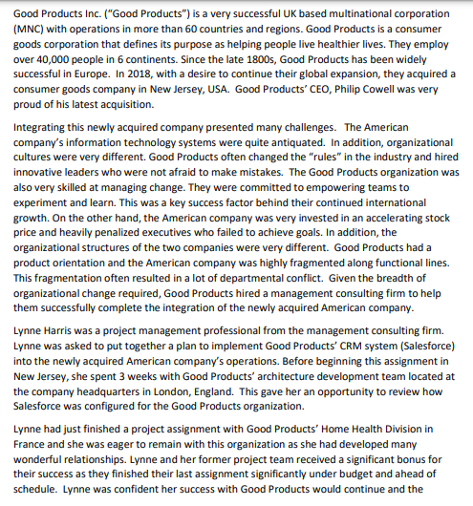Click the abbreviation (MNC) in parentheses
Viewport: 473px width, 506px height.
tap(34, 30)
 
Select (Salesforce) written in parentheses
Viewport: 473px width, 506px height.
tap(412, 344)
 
